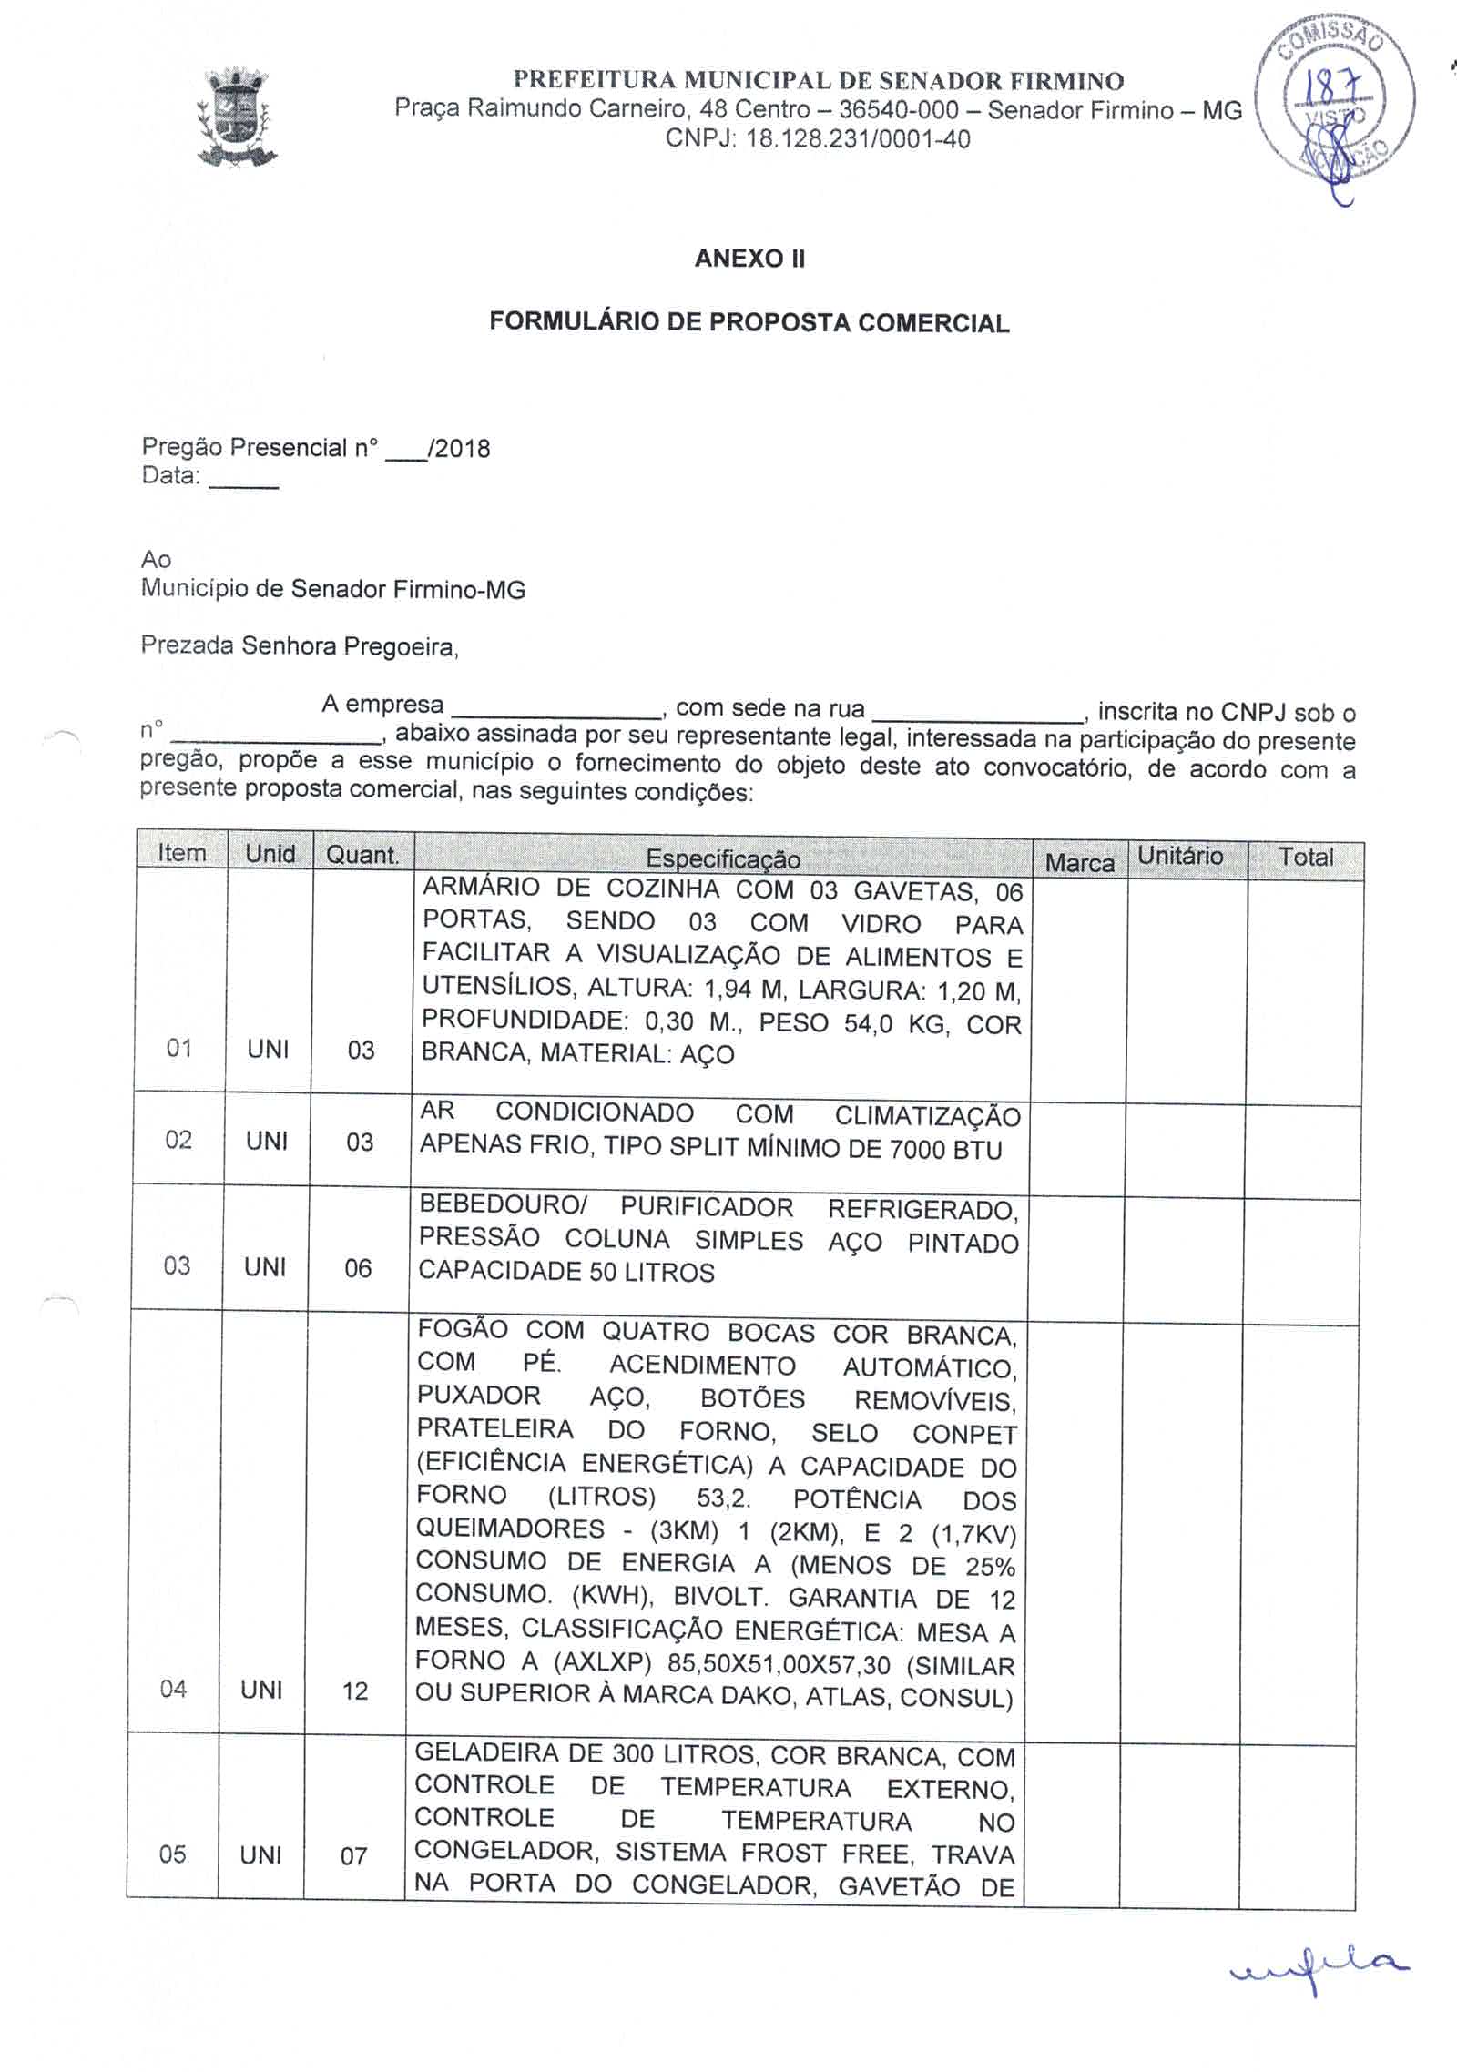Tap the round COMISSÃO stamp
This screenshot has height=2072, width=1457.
[1335, 100]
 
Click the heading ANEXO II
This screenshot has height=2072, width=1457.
[749, 259]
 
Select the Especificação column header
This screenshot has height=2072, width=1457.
[723, 858]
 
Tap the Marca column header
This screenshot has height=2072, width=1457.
[1079, 862]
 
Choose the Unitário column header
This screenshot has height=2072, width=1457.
[1180, 856]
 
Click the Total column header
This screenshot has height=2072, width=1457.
[1306, 857]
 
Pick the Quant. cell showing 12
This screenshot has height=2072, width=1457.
[355, 1691]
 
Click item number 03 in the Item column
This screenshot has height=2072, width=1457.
[177, 1266]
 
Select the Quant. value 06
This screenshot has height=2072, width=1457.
[358, 1268]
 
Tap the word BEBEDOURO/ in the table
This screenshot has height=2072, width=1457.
[503, 1204]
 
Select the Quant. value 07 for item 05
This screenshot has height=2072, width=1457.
[353, 1856]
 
